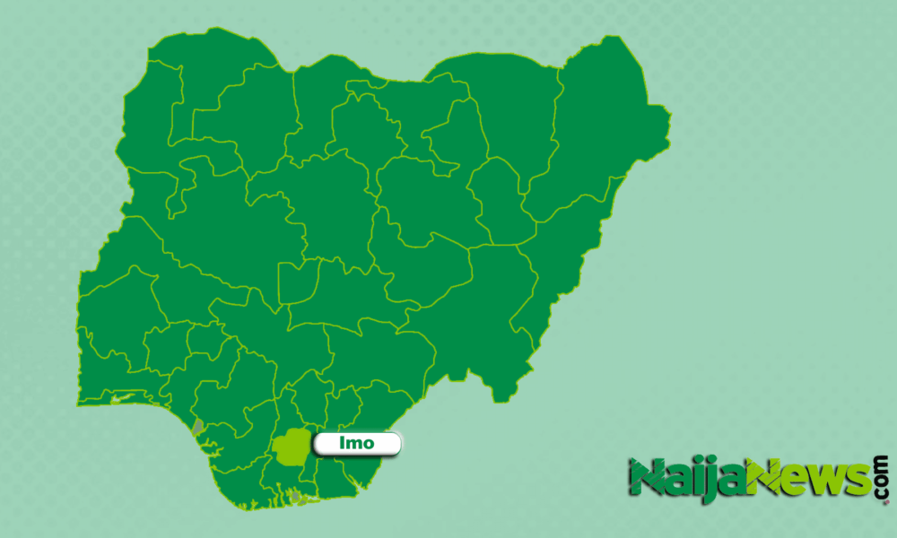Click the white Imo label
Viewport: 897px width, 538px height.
[357, 442]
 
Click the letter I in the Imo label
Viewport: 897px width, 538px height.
[344, 442]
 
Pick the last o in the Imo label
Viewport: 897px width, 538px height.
[368, 443]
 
